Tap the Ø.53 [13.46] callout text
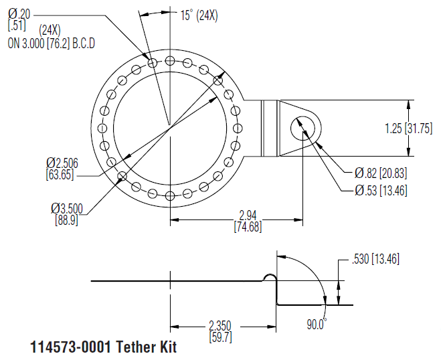[x=380, y=191]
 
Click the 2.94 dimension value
[x=248, y=215]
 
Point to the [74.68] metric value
[x=248, y=227]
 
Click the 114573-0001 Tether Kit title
[x=104, y=348]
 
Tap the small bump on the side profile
[x=270, y=278]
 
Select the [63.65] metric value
[x=60, y=175]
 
